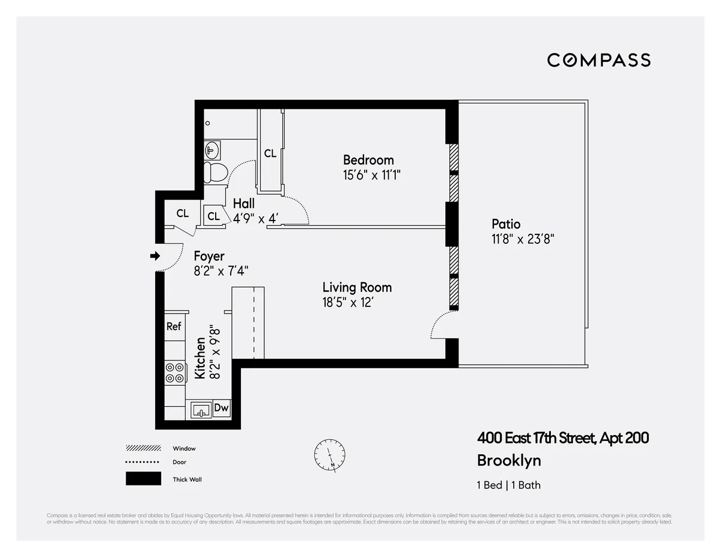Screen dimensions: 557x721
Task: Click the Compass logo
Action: coord(598,60)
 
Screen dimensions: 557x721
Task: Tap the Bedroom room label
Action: coord(368,160)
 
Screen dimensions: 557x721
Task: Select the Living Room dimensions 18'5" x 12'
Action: coord(353,302)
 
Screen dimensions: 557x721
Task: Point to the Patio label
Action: coord(506,224)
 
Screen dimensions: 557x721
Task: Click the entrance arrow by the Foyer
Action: coord(155,256)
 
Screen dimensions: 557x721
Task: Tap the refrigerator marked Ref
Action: coord(174,326)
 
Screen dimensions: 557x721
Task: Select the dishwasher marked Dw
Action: coord(222,409)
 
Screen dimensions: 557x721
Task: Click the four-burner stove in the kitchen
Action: coord(175,373)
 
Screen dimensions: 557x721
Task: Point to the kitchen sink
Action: coord(201,410)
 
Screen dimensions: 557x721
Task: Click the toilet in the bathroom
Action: coord(214,172)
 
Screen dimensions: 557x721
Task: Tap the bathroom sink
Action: coord(211,149)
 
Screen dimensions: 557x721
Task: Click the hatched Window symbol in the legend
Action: coord(143,448)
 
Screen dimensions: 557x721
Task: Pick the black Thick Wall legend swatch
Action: coord(143,478)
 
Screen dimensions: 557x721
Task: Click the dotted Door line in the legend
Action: coord(143,462)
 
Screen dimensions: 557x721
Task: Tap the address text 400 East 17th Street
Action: coord(562,438)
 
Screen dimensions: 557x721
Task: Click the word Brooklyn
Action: coord(508,460)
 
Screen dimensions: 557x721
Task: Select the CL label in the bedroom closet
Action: coord(270,153)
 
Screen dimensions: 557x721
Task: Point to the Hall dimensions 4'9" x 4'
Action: coord(255,218)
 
